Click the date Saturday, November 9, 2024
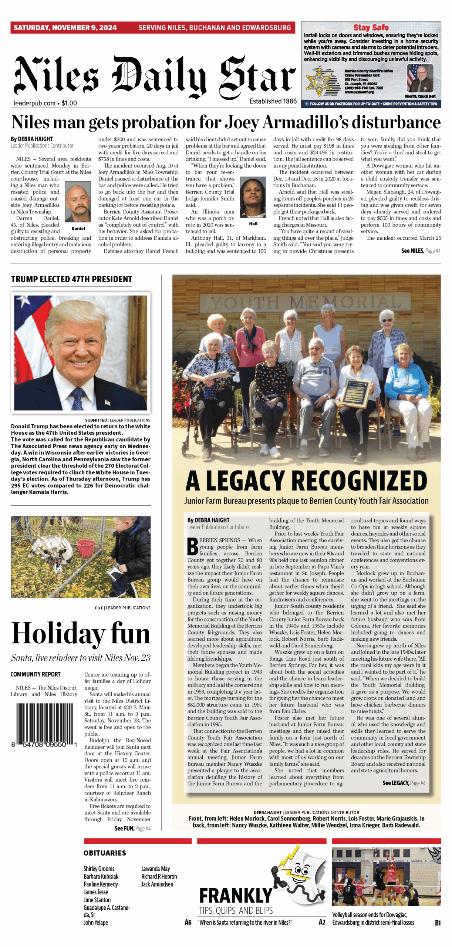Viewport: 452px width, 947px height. pyautogui.click(x=65, y=28)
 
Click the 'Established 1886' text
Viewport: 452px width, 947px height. pyautogui.click(x=273, y=101)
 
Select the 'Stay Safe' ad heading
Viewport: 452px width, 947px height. pyautogui.click(x=371, y=27)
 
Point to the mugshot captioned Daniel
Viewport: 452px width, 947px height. pyautogui.click(x=78, y=202)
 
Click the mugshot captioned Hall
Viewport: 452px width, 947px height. pyautogui.click(x=253, y=198)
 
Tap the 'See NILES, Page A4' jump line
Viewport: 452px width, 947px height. pyautogui.click(x=421, y=251)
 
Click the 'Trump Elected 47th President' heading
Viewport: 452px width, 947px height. pyautogui.click(x=71, y=279)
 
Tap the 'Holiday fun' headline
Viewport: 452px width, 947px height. pyautogui.click(x=81, y=633)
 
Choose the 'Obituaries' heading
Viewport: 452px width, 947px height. pyautogui.click(x=105, y=853)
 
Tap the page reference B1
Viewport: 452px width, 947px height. pyautogui.click(x=438, y=923)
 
